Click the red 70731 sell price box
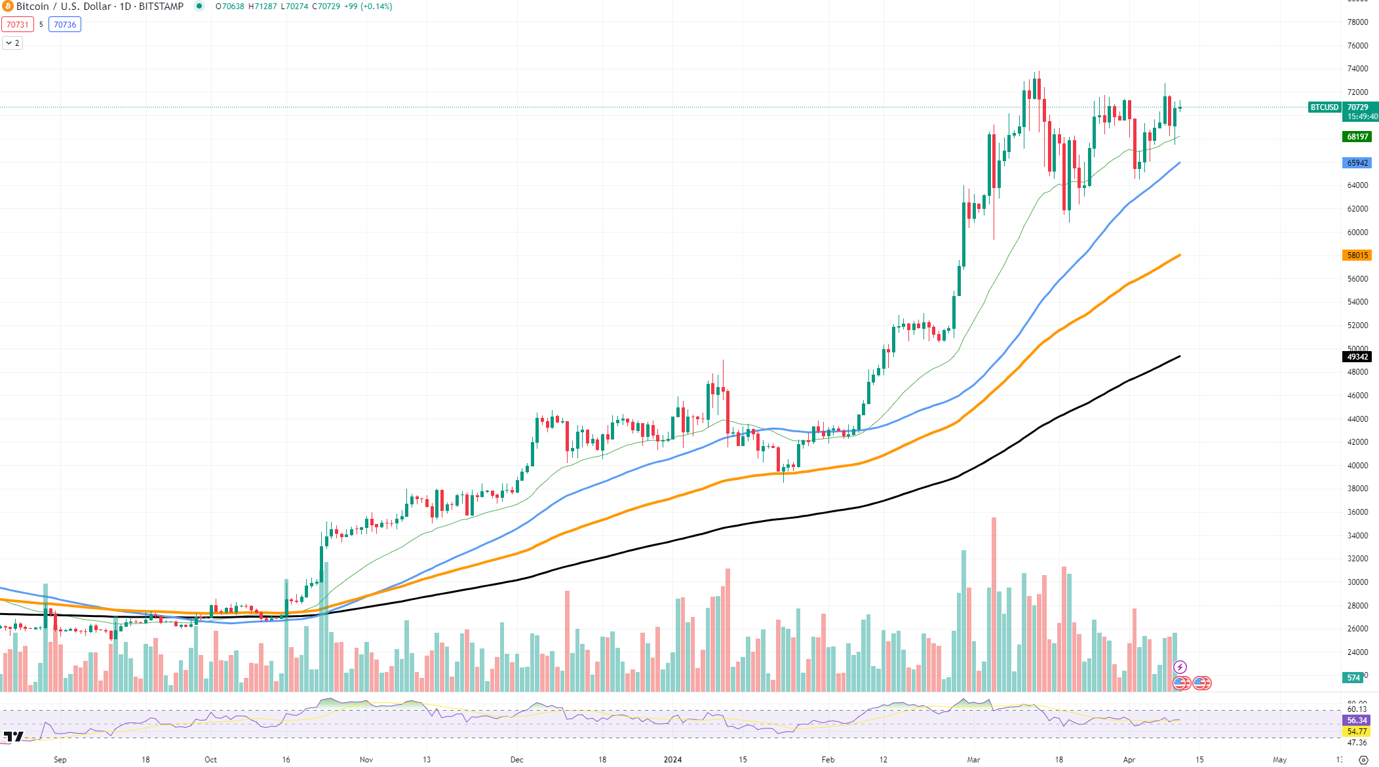(x=18, y=25)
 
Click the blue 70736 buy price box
(x=65, y=25)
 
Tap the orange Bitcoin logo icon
(x=8, y=7)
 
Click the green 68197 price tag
(x=1357, y=137)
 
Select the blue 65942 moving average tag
(x=1357, y=163)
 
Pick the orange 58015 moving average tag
(x=1357, y=255)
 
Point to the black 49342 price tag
(x=1357, y=357)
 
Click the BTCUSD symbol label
(x=1324, y=107)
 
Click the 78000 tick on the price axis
(x=1357, y=22)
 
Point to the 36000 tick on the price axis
(x=1357, y=512)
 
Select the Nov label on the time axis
(x=366, y=760)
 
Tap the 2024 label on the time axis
(x=672, y=760)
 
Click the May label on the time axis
(x=1279, y=760)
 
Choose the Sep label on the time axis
(x=60, y=760)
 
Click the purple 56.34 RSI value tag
(x=1357, y=720)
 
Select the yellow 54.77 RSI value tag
(x=1357, y=732)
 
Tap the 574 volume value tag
(x=1353, y=678)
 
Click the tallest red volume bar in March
(x=994, y=603)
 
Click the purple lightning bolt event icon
(x=1180, y=667)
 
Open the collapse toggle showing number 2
(x=12, y=43)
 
